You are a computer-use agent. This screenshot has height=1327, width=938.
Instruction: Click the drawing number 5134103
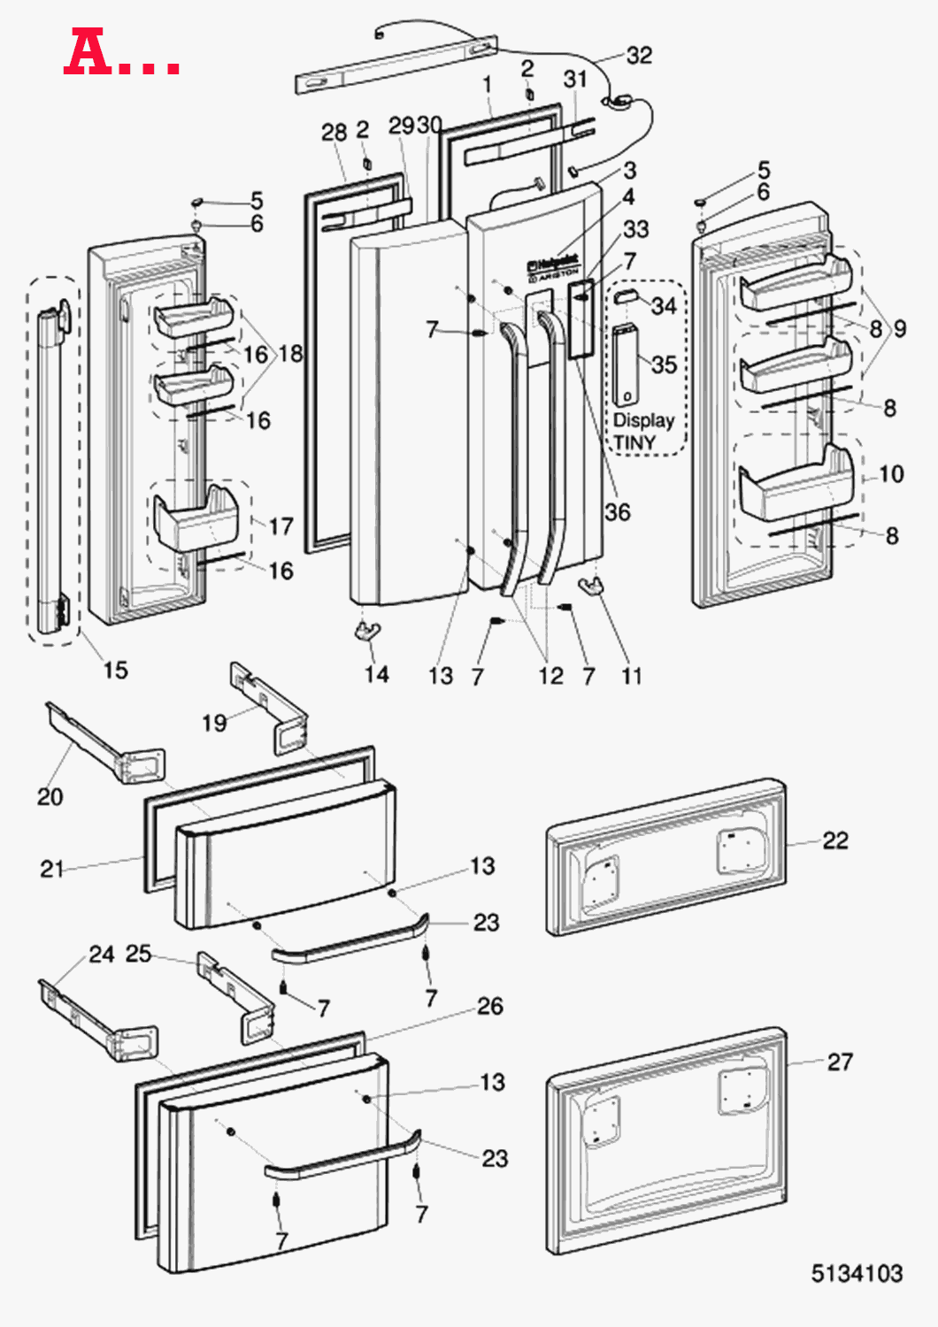[857, 1273]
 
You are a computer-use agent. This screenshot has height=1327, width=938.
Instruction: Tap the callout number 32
[639, 56]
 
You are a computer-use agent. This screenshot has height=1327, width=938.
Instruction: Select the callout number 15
[115, 670]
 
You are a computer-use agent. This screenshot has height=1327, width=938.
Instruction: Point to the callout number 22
[834, 840]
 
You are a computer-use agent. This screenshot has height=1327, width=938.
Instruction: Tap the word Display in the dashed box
[643, 420]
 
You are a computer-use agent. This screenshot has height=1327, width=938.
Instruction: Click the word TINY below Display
[635, 441]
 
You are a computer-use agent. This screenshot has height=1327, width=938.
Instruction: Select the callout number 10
[891, 474]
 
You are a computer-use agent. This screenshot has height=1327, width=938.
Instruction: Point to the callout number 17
[281, 526]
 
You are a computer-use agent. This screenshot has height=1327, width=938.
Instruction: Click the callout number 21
[52, 869]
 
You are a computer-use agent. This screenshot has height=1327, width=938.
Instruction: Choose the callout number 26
[490, 1006]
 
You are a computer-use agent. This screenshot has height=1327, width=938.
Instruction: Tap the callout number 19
[214, 723]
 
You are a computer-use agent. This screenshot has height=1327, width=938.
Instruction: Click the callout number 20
[50, 796]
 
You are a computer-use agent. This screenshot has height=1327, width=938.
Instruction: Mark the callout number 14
[376, 674]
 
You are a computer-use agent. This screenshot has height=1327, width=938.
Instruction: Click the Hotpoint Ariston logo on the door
[553, 269]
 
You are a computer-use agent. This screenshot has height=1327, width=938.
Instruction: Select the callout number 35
[664, 364]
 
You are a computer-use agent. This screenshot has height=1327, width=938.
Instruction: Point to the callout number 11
[631, 676]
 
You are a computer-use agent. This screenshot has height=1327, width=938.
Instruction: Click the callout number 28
[334, 132]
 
